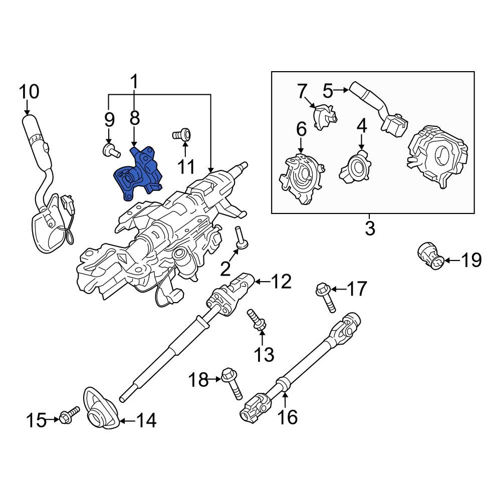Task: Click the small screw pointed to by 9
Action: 111,150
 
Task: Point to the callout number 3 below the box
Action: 370,228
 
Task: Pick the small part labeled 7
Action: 325,117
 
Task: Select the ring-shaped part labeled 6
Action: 302,178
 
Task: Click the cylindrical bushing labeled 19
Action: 429,257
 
